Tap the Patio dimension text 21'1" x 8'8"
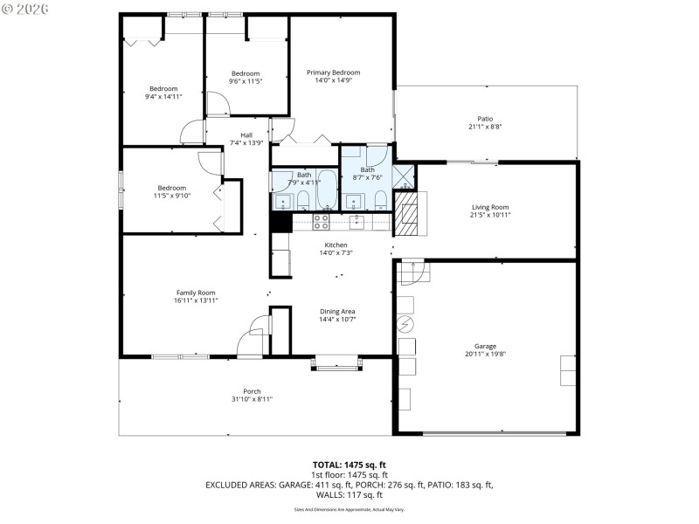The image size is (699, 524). pyautogui.click(x=485, y=127)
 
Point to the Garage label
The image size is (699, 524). pyautogui.click(x=485, y=346)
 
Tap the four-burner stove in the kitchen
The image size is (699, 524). pyautogui.click(x=321, y=222)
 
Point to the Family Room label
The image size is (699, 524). pyautogui.click(x=196, y=293)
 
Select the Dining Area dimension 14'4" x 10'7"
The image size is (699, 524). pyautogui.click(x=336, y=319)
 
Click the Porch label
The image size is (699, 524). pyautogui.click(x=252, y=391)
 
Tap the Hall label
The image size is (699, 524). pyautogui.click(x=246, y=134)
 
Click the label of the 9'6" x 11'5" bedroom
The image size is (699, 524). pyautogui.click(x=246, y=73)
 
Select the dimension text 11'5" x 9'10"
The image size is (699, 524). pyautogui.click(x=172, y=196)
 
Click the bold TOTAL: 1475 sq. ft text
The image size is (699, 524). pyautogui.click(x=349, y=465)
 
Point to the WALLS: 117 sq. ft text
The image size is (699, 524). pyautogui.click(x=349, y=493)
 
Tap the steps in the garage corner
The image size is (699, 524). pyautogui.click(x=412, y=274)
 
